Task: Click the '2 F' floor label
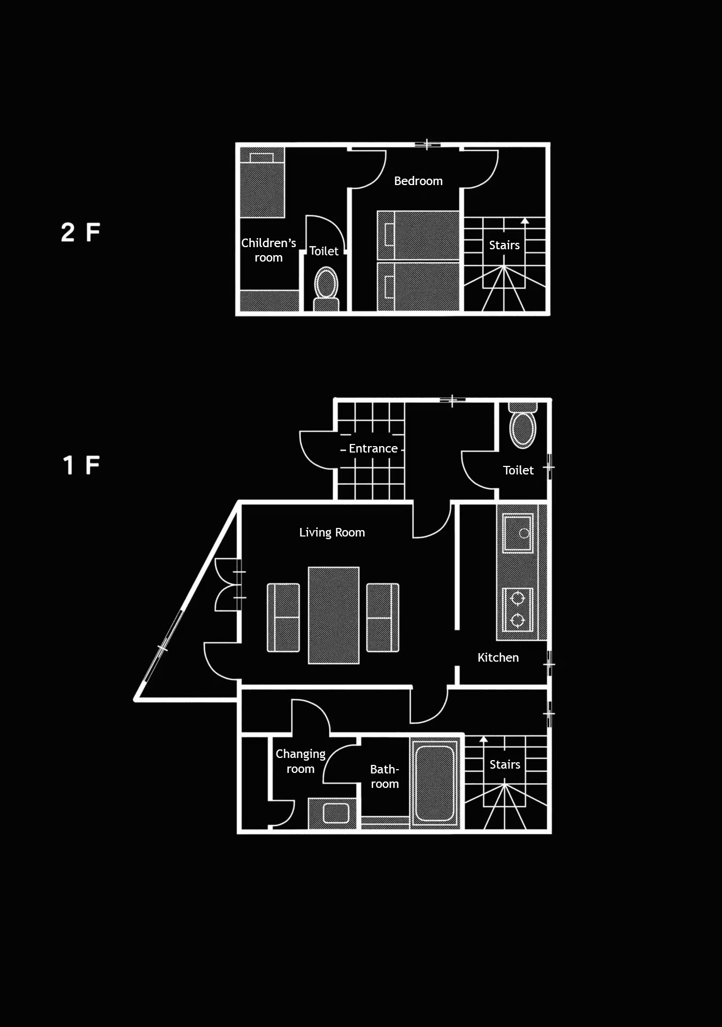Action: coord(81,232)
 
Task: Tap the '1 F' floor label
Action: coord(81,465)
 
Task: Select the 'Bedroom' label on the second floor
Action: coord(418,181)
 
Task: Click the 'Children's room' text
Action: coord(268,250)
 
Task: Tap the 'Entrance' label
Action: coord(373,448)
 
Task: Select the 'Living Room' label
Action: coord(332,532)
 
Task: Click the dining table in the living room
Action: coord(334,615)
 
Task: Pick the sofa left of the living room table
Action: coord(283,618)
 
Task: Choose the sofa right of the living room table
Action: coord(383,618)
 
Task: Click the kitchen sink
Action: coord(518,533)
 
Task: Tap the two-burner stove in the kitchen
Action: coord(518,609)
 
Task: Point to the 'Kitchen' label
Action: coord(498,657)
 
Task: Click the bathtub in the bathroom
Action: coord(435,783)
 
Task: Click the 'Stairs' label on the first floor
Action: coord(505,764)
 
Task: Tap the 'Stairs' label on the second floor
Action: coord(504,245)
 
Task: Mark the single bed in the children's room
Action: coord(262,182)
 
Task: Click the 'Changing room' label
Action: coord(301,761)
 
